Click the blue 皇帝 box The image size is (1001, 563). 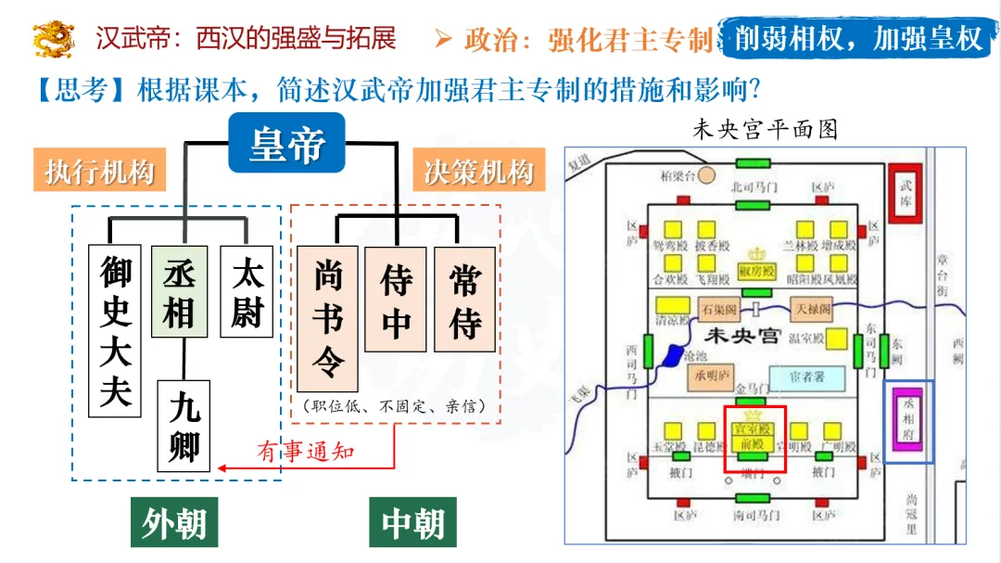click(x=286, y=144)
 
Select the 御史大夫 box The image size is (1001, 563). click(x=116, y=329)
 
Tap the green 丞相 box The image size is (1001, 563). click(x=179, y=290)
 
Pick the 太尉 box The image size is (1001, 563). click(x=247, y=290)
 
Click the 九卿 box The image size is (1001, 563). click(x=184, y=426)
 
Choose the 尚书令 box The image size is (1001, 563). click(x=327, y=318)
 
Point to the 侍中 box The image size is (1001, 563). click(x=396, y=299)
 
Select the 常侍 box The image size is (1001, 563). click(x=464, y=299)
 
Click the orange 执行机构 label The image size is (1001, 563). click(x=99, y=172)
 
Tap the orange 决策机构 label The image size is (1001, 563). click(x=478, y=172)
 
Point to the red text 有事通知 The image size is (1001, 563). click(x=306, y=452)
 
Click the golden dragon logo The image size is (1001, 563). click(x=54, y=39)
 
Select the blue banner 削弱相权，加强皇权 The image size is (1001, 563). click(x=857, y=38)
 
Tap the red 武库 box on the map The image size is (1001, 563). click(x=906, y=192)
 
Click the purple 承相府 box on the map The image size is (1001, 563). click(x=908, y=420)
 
